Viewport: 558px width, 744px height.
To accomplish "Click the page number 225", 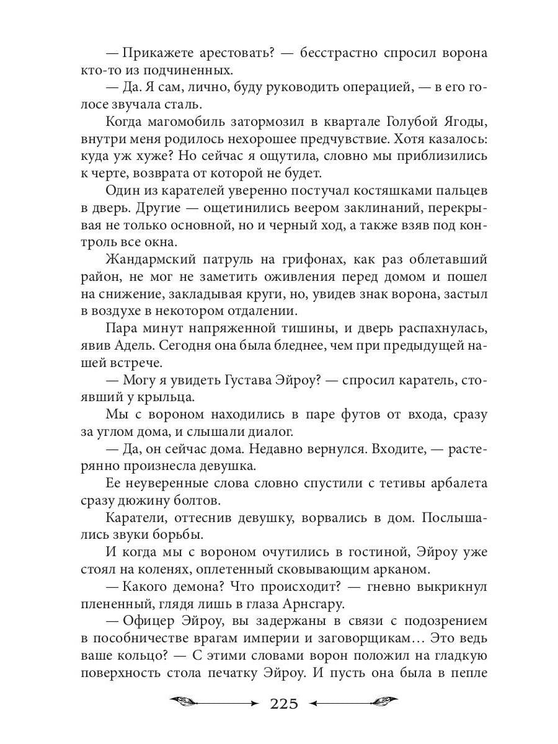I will click(x=285, y=703).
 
